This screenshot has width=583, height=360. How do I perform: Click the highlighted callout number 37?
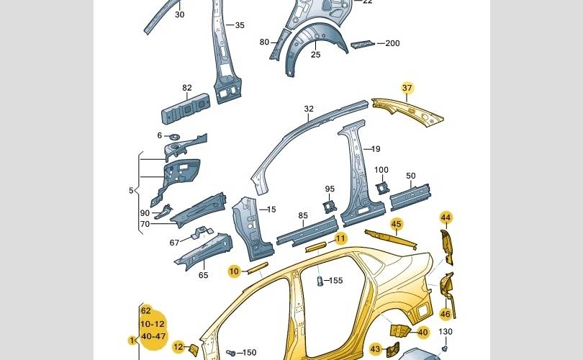(407, 89)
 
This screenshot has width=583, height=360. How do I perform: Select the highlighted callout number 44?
(446, 217)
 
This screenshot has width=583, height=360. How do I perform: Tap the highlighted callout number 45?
(396, 224)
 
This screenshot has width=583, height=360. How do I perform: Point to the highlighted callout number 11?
(340, 238)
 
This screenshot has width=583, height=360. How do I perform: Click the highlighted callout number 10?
(234, 271)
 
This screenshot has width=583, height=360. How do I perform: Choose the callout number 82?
(187, 89)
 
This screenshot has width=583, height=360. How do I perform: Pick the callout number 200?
(392, 43)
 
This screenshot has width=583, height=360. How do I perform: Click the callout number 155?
(335, 281)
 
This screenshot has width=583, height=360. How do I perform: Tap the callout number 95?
(330, 190)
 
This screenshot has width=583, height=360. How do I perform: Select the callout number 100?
(381, 171)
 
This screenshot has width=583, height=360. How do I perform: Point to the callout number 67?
(175, 243)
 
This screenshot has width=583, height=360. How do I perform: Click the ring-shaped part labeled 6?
(173, 136)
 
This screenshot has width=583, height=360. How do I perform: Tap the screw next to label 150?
(230, 353)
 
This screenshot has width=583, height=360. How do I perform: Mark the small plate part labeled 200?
(362, 45)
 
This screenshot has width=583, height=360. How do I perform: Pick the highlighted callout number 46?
(446, 314)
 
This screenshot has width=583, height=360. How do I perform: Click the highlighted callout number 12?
(178, 347)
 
